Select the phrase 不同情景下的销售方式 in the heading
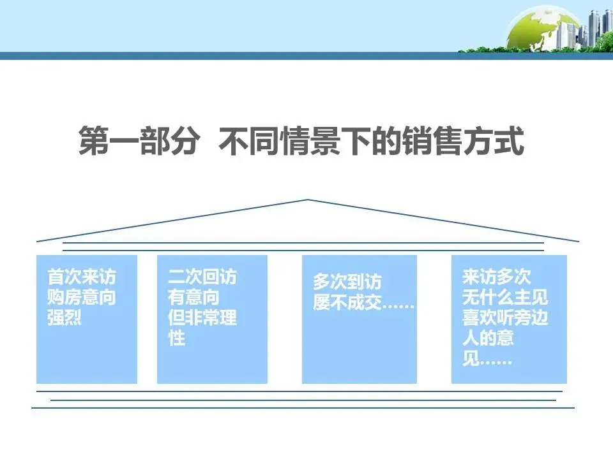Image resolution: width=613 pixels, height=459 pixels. pyautogui.click(x=371, y=142)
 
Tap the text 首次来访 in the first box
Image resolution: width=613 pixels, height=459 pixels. pyautogui.click(x=82, y=277)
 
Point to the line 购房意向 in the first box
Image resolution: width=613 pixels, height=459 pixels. pyautogui.click(x=82, y=298)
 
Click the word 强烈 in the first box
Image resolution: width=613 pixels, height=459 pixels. pyautogui.click(x=64, y=318)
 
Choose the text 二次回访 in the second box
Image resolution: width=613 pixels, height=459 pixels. pyautogui.click(x=202, y=277)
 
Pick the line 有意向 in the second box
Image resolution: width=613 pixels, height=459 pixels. pyautogui.click(x=193, y=298)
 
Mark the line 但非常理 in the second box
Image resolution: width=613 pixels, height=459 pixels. pyautogui.click(x=202, y=318)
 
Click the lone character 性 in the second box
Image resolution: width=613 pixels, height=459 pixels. pyautogui.click(x=176, y=339)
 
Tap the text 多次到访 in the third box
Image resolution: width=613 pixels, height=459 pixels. pyautogui.click(x=347, y=282)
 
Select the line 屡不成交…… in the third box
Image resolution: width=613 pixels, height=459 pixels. pyautogui.click(x=363, y=302)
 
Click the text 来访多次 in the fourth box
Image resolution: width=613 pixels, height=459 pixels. pyautogui.click(x=496, y=277)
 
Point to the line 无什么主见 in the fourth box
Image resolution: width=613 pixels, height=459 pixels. pyautogui.click(x=504, y=298)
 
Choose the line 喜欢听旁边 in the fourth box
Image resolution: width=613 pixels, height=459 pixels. pyautogui.click(x=504, y=318)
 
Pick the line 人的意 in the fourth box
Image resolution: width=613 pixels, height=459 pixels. pyautogui.click(x=488, y=339)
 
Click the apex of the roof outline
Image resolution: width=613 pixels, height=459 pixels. pyautogui.click(x=308, y=200)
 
